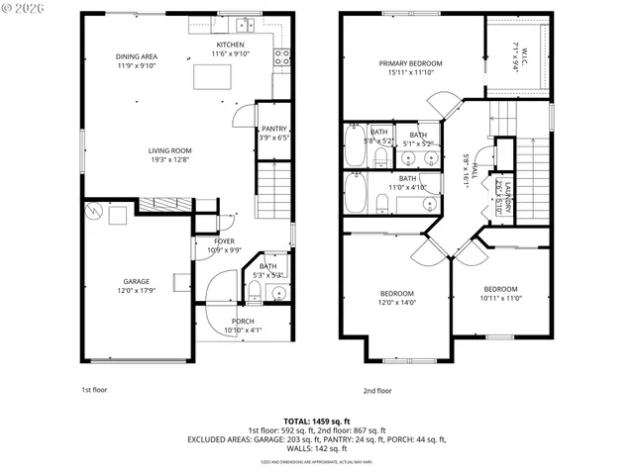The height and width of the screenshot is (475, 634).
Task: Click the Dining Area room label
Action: (x=136, y=57)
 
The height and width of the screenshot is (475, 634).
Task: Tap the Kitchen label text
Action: (x=231, y=46)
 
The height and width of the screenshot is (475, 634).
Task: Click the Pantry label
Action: (x=273, y=129)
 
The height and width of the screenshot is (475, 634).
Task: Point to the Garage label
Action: (x=136, y=281)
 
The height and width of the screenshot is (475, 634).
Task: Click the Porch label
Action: (x=243, y=322)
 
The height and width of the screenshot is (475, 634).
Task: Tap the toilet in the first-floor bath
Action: (x=254, y=290)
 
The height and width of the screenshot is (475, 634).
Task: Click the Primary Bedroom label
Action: (x=410, y=63)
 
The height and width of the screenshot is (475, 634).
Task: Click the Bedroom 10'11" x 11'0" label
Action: (x=500, y=289)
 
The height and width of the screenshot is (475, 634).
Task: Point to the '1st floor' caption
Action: (x=93, y=390)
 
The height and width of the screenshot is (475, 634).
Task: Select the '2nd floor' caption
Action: (x=376, y=390)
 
